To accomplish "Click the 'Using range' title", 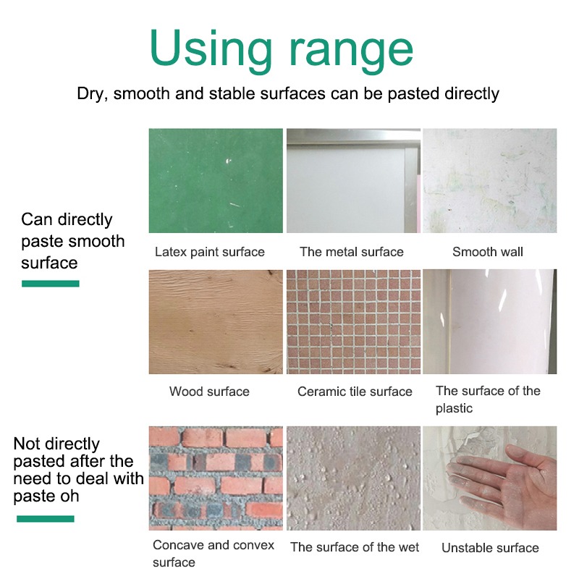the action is coord(282,51).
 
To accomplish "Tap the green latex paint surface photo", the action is coord(216,180).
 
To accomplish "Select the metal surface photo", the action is coord(353,180).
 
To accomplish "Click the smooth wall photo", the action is coord(490,180).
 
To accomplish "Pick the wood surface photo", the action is coord(216,321).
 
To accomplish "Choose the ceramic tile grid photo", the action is coord(353,321).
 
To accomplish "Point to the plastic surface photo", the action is coord(490,321).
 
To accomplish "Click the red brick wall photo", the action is coord(216,478).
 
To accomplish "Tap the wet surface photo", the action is coord(353,478).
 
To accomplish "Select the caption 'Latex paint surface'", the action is coord(210,252).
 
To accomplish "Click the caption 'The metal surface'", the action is coord(352,252).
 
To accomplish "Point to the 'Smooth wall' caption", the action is coord(488,252).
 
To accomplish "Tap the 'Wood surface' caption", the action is coord(209,392).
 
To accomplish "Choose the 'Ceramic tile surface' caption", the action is coord(355,392).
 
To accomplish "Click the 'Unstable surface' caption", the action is coord(491,548).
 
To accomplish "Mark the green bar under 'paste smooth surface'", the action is coord(51,284).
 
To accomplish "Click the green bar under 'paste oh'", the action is coord(46,519).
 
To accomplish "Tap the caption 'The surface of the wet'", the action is coord(355,547).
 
